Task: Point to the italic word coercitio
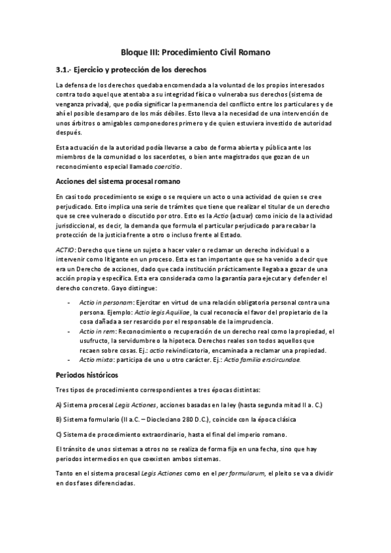(166, 167)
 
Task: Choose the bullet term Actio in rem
(93, 332)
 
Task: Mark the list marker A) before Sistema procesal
(59, 405)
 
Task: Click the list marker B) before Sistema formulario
(59, 419)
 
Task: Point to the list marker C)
(59, 434)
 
